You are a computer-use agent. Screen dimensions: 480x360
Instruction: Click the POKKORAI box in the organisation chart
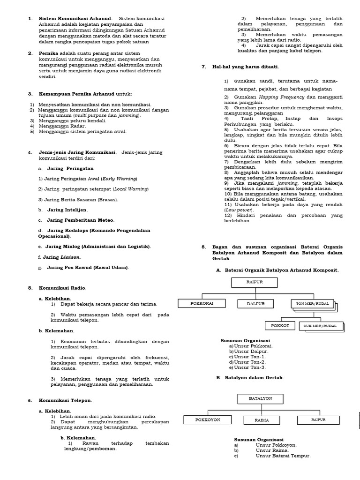(x=202, y=303)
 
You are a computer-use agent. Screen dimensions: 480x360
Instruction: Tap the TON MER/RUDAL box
(x=312, y=303)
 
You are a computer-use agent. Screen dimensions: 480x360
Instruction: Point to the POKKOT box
(x=280, y=325)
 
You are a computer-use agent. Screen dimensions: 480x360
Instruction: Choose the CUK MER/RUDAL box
(x=320, y=325)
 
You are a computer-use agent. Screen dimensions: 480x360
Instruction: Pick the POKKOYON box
(x=207, y=420)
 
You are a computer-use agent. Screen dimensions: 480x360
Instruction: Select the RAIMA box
(x=262, y=420)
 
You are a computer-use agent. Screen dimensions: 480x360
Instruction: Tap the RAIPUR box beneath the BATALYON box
(x=318, y=420)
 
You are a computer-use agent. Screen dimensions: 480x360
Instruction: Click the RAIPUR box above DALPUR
(x=255, y=282)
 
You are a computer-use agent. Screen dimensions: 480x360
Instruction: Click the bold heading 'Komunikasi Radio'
(x=63, y=287)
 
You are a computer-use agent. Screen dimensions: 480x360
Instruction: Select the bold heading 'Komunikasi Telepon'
(x=65, y=400)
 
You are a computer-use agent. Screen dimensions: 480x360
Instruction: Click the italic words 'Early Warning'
(x=120, y=179)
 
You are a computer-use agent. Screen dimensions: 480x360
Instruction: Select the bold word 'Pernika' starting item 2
(x=48, y=53)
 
